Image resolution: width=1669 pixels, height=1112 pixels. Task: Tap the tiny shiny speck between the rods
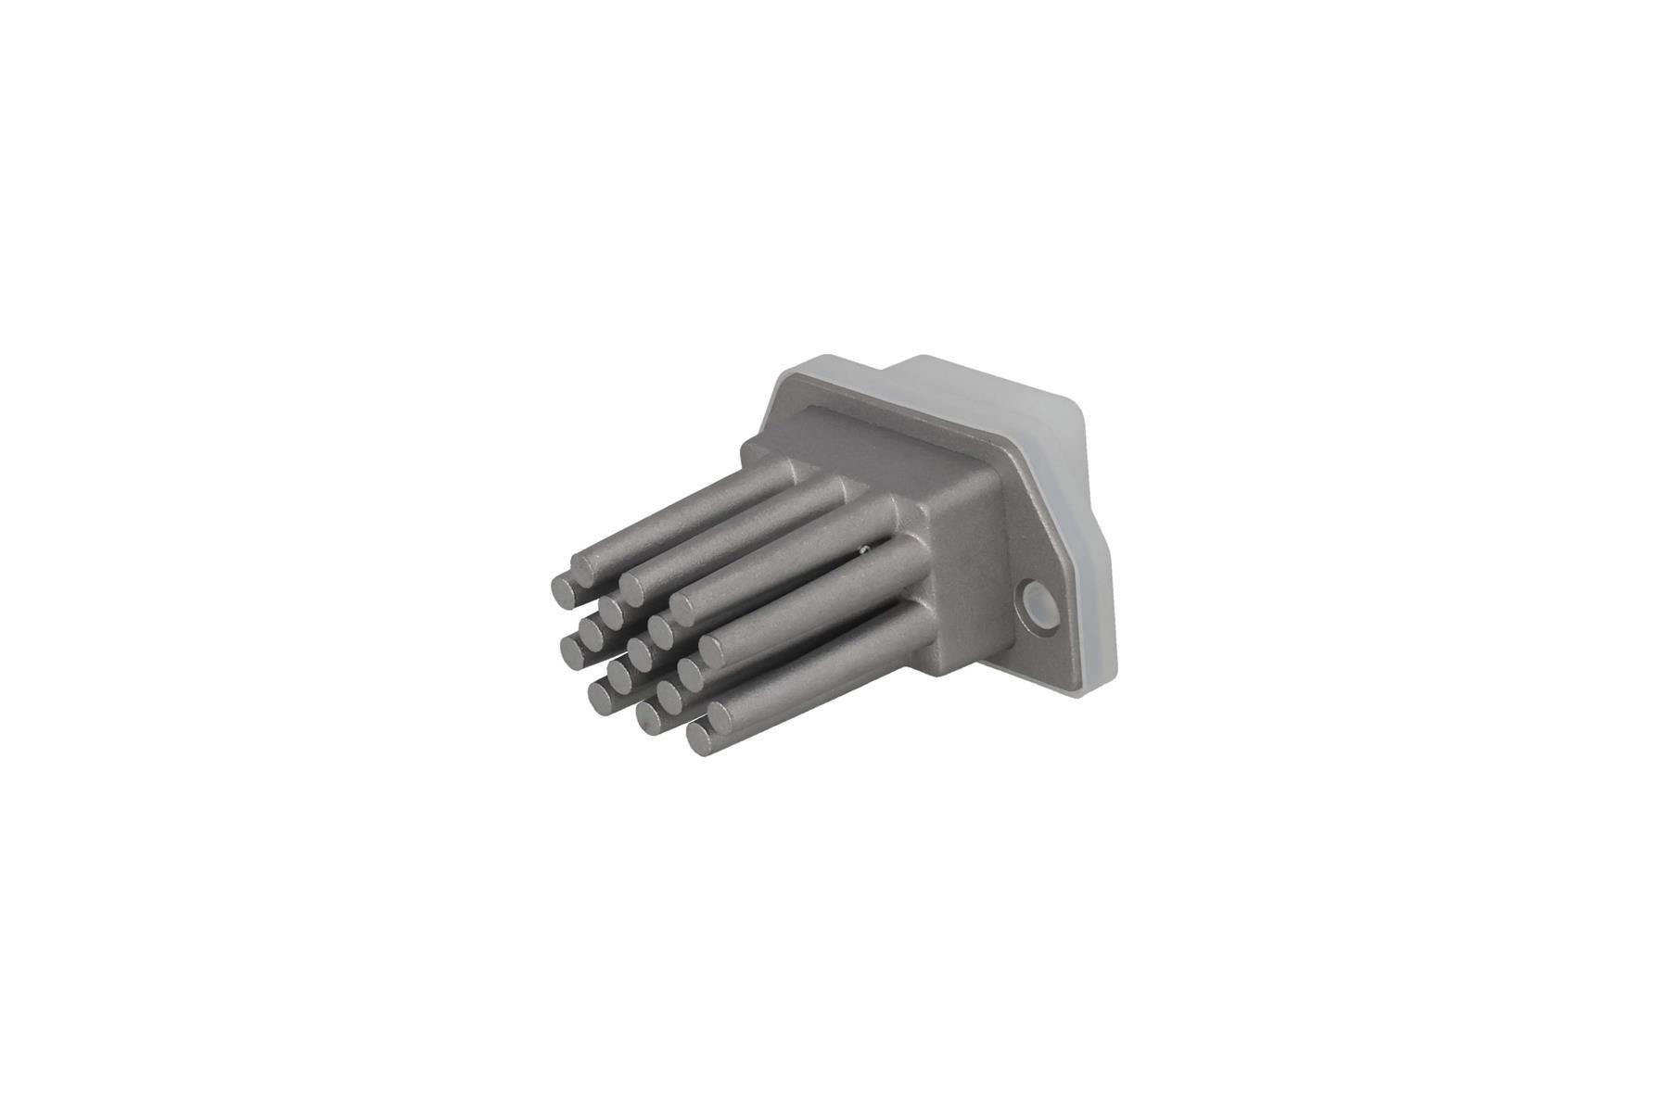(x=864, y=549)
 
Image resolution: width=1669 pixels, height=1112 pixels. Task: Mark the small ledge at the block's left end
(x=756, y=454)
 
